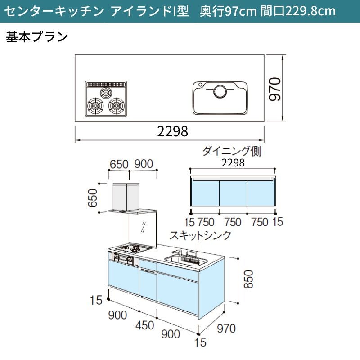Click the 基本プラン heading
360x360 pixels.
point(37,37)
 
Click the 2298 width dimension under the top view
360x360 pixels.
point(173,131)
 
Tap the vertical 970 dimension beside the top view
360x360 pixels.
point(275,89)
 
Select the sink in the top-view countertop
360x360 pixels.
point(220,98)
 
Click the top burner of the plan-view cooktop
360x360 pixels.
point(106,93)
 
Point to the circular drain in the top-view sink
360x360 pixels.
point(220,91)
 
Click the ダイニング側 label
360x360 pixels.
point(232,152)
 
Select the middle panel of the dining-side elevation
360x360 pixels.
point(233,193)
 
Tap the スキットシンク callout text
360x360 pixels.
point(200,236)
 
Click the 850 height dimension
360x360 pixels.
point(248,279)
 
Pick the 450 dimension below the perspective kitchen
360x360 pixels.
point(144,325)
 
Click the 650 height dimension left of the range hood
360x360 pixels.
point(93,198)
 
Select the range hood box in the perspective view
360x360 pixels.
point(126,197)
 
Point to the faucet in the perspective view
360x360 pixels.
point(176,253)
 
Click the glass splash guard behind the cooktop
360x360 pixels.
point(143,230)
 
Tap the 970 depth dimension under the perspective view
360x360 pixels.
point(226,328)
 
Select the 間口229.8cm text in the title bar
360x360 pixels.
point(298,11)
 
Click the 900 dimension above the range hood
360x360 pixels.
point(144,164)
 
